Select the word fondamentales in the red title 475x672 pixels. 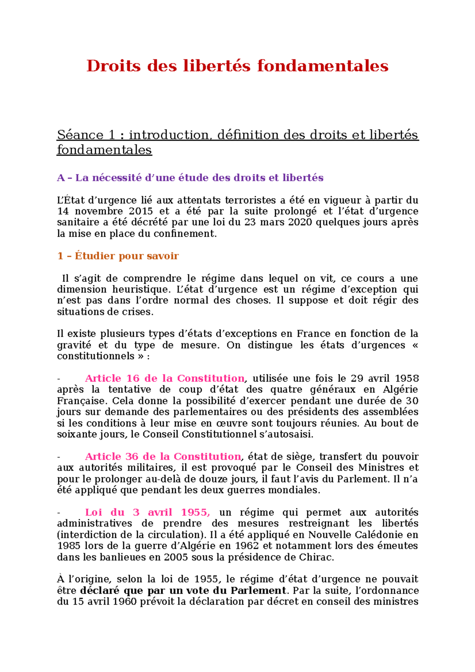pos(323,66)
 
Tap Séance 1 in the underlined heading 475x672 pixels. pos(86,135)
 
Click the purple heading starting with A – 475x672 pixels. pos(190,178)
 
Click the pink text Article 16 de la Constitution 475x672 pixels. pos(165,378)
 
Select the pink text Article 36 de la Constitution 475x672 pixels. pos(163,457)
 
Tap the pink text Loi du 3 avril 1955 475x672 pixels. pos(147,513)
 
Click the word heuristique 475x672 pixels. pos(141,289)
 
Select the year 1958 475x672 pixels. pos(407,378)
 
